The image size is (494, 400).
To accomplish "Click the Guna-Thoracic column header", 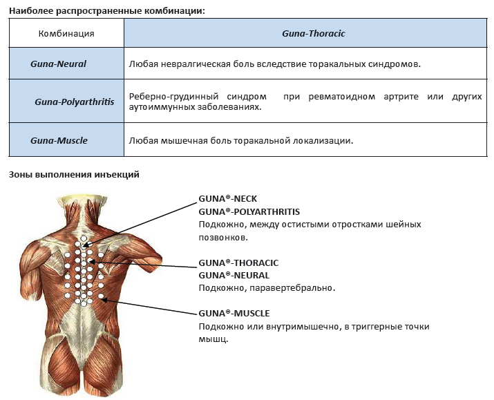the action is tap(314, 33).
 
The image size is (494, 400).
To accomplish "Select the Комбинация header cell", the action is tap(66, 33).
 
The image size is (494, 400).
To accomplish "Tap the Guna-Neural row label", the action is tap(58, 64).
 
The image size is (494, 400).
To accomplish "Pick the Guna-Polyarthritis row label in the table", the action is tap(75, 102).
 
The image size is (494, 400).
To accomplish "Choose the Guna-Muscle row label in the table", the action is tap(59, 140).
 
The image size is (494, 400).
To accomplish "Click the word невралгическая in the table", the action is tap(196, 64).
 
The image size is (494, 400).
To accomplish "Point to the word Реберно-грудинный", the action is tap(173, 97).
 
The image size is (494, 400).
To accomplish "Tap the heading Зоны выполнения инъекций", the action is tap(74, 175).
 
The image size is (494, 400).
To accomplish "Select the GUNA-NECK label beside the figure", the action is tap(228, 199).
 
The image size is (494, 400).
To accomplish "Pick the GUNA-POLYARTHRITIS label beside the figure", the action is tap(249, 211).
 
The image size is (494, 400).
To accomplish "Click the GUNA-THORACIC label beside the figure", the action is tap(238, 263).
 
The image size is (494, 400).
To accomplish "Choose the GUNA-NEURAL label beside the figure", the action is tap(234, 275).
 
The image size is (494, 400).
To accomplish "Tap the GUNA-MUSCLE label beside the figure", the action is tap(234, 314).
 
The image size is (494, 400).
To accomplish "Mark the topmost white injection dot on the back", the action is tap(84, 238).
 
